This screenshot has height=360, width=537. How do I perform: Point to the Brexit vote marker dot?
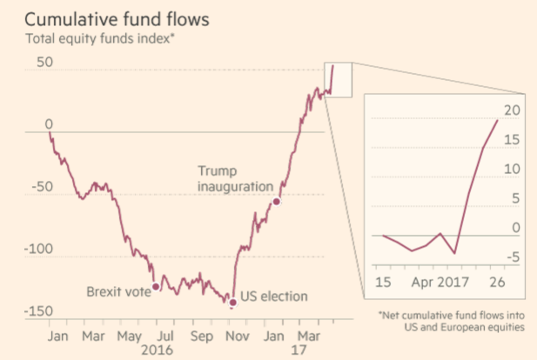pyautogui.click(x=156, y=286)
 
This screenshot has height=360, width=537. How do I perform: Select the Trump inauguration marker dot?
pyautogui.click(x=277, y=202)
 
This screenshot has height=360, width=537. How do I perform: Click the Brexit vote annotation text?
pyautogui.click(x=118, y=291)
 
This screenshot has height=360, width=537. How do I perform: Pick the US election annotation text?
pyautogui.click(x=274, y=297)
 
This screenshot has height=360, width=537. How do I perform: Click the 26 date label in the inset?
pyautogui.click(x=496, y=283)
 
